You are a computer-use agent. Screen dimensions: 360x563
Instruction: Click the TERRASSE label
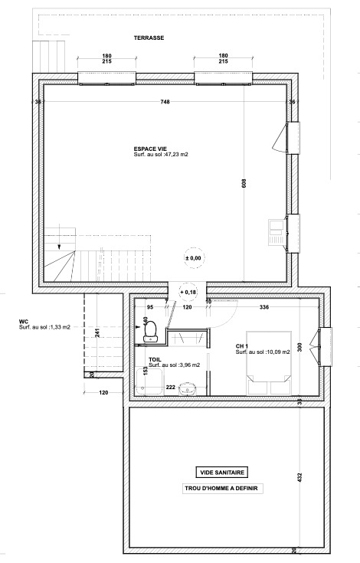pyautogui.click(x=149, y=38)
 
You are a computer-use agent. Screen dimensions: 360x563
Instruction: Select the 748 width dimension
pyautogui.click(x=165, y=102)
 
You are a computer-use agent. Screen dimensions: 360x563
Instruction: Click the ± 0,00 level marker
pyautogui.click(x=194, y=258)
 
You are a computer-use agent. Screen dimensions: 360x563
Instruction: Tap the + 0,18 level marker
pyautogui.click(x=188, y=293)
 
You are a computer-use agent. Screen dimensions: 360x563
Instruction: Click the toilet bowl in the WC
pyautogui.click(x=150, y=331)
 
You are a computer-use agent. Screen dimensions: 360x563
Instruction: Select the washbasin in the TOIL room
pyautogui.click(x=188, y=388)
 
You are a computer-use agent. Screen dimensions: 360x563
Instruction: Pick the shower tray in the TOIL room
pyautogui.click(x=149, y=382)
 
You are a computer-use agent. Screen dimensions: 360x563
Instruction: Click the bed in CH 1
pyautogui.click(x=269, y=362)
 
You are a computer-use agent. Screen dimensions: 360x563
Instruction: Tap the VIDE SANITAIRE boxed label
pyautogui.click(x=222, y=473)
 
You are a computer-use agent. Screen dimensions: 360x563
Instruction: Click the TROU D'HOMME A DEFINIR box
pyautogui.click(x=223, y=489)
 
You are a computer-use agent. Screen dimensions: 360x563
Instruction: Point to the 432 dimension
pyautogui.click(x=300, y=477)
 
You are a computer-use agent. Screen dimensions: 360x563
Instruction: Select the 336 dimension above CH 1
pyautogui.click(x=264, y=307)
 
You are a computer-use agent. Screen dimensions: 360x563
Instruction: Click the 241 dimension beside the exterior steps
pyautogui.click(x=97, y=333)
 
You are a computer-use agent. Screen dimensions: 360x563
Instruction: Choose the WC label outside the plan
pyautogui.click(x=23, y=322)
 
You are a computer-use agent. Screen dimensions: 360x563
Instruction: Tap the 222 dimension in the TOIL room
pyautogui.click(x=171, y=387)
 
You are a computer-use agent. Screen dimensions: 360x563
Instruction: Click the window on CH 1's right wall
pyautogui.click(x=325, y=347)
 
